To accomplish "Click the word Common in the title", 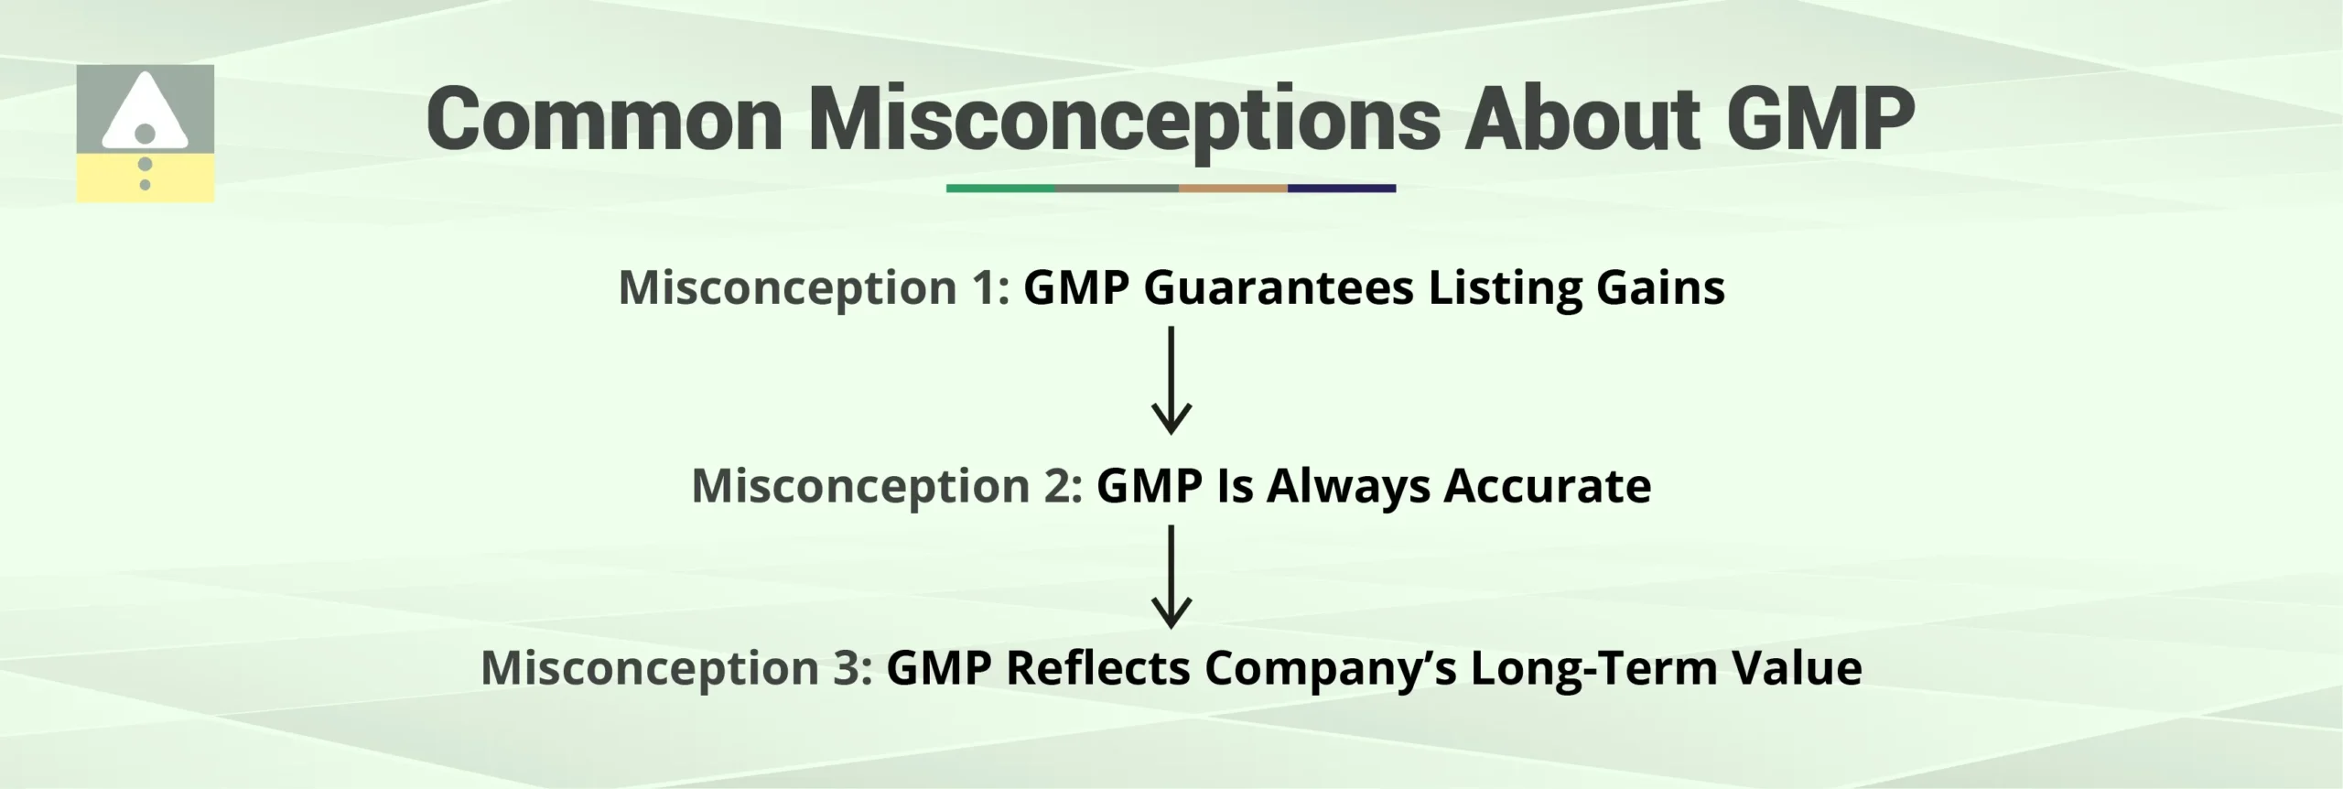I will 604,119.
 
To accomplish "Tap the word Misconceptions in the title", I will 1124,119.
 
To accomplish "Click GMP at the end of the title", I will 1821,119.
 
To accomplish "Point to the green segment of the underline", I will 1000,189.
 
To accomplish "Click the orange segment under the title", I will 1233,189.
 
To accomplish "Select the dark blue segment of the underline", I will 1342,189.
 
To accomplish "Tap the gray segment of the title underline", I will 1117,189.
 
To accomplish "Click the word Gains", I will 1660,288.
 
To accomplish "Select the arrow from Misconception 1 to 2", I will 1171,380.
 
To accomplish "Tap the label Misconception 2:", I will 887,486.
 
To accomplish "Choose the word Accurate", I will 1547,486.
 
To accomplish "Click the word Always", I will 1348,486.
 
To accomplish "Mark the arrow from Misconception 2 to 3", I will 1171,577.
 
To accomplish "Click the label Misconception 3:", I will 676,668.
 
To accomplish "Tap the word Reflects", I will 1096,668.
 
